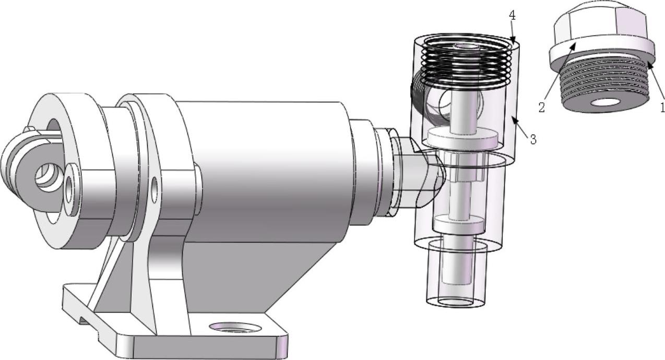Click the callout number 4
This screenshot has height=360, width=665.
512,16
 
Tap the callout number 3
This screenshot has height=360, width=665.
533,139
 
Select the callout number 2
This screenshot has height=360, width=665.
542,107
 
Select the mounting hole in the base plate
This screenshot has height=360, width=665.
235,327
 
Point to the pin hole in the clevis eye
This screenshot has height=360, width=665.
48,178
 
